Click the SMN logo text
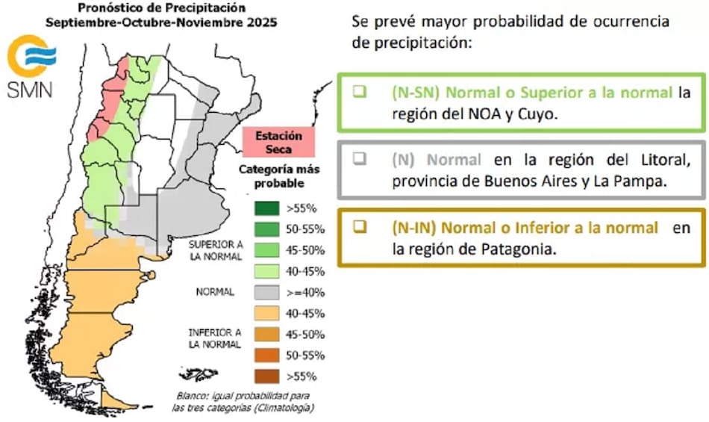(x=30, y=90)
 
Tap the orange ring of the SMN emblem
(x=14, y=57)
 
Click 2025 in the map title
(x=262, y=22)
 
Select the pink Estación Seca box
(x=278, y=142)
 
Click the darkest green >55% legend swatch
(x=266, y=208)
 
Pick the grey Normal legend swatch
(x=266, y=293)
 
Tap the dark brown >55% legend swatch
(x=266, y=376)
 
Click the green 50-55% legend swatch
(x=266, y=229)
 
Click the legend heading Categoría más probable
(x=279, y=176)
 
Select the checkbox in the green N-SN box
(x=360, y=91)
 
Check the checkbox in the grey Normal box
(x=360, y=158)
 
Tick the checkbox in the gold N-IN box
(x=360, y=226)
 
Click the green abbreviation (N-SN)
(x=416, y=93)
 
